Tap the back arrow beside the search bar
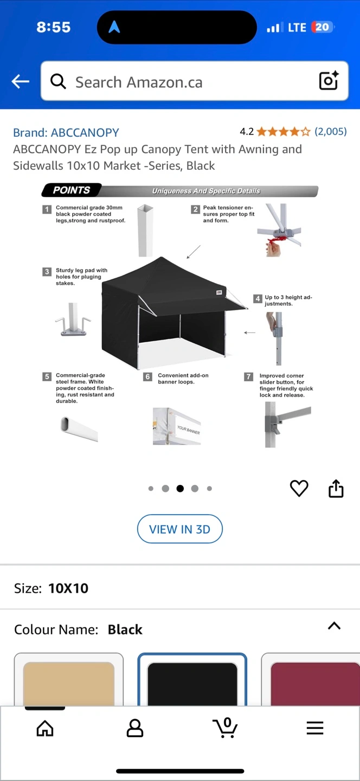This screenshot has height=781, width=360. [20, 81]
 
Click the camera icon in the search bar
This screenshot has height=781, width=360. [329, 80]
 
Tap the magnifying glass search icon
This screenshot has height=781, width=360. [58, 81]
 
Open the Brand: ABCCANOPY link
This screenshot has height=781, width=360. [66, 132]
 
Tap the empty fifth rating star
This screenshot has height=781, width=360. [305, 132]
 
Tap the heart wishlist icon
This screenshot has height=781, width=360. [299, 488]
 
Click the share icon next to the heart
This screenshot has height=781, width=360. [336, 488]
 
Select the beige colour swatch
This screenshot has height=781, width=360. [69, 682]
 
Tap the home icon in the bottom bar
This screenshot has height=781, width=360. [45, 728]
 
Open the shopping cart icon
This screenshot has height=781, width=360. [225, 727]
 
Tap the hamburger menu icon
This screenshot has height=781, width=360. [315, 728]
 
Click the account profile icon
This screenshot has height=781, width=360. [135, 728]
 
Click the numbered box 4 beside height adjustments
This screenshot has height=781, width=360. [258, 298]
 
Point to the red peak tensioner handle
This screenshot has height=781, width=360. [279, 241]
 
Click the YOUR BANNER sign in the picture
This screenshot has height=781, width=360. [188, 430]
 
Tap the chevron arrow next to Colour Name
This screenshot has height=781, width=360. [334, 625]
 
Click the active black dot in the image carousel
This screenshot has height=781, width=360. [180, 489]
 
